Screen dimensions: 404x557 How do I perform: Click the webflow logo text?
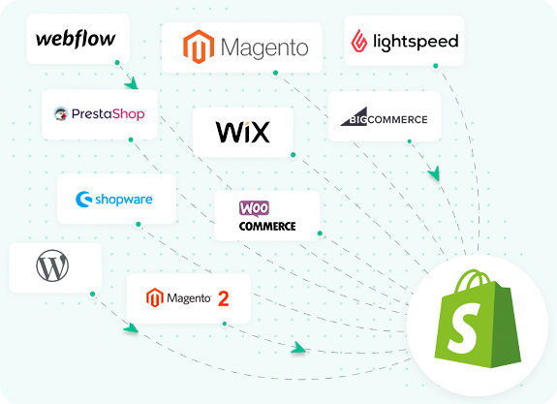click(x=76, y=39)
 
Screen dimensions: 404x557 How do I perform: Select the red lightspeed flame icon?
click(x=359, y=42)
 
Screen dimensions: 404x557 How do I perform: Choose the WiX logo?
click(x=242, y=132)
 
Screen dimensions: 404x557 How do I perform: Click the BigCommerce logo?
click(x=384, y=120)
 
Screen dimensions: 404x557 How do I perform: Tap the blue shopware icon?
click(x=83, y=201)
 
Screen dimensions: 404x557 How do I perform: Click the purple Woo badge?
click(x=254, y=208)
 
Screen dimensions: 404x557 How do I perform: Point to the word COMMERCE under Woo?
click(x=267, y=228)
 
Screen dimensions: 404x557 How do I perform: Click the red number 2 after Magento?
click(x=224, y=298)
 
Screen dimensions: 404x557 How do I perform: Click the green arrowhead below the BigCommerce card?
click(x=435, y=174)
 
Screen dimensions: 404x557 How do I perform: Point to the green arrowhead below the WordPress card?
click(x=131, y=328)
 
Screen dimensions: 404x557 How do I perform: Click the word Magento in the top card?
click(x=264, y=47)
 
